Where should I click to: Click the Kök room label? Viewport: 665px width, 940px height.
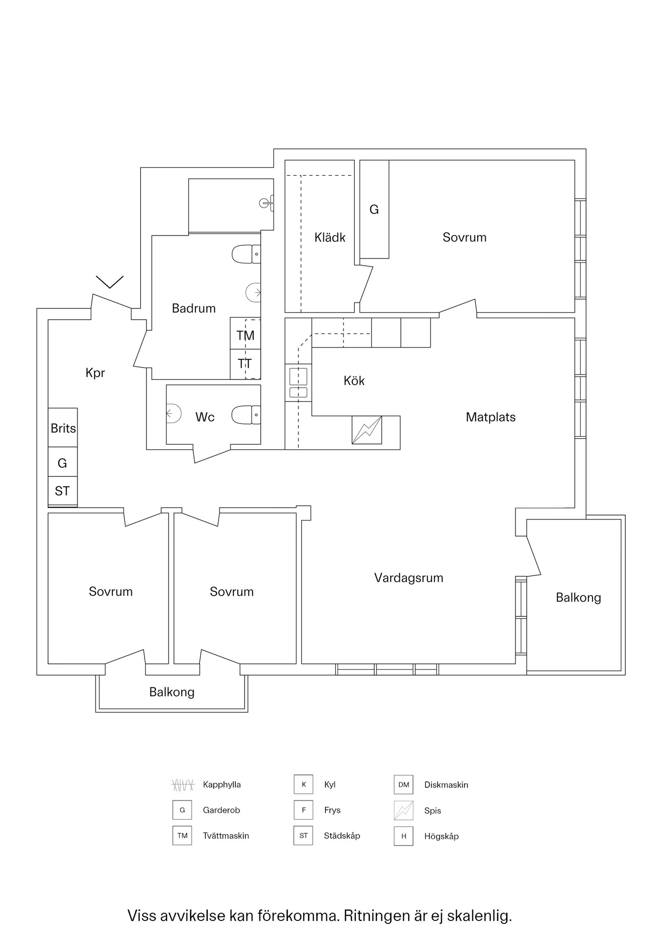click(x=354, y=381)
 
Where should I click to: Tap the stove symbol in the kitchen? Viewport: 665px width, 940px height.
click(x=367, y=430)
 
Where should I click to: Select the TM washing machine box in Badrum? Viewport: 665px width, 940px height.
click(x=246, y=335)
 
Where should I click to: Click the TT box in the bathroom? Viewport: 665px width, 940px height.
click(x=245, y=364)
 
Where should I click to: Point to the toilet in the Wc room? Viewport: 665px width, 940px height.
click(x=246, y=415)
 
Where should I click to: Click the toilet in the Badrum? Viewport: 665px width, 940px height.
click(x=246, y=255)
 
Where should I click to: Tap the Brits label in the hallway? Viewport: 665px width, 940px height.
click(x=63, y=428)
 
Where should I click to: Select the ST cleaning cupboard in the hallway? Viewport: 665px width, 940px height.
click(x=62, y=491)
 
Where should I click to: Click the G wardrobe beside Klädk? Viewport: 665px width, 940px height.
click(x=374, y=210)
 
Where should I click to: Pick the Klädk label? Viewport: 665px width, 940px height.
click(x=330, y=238)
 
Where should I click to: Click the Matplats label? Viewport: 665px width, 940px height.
click(x=491, y=417)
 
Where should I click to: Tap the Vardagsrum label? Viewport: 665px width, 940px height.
click(x=409, y=578)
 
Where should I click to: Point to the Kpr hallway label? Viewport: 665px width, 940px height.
click(x=95, y=373)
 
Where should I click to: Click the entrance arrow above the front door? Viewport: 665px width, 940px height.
click(x=109, y=282)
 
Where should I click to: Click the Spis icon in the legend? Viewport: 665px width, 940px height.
click(x=403, y=810)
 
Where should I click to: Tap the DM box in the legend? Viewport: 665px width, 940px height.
click(x=403, y=784)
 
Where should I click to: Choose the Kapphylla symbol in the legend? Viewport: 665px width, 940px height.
click(x=183, y=785)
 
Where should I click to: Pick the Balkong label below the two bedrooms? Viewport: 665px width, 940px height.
click(x=172, y=692)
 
